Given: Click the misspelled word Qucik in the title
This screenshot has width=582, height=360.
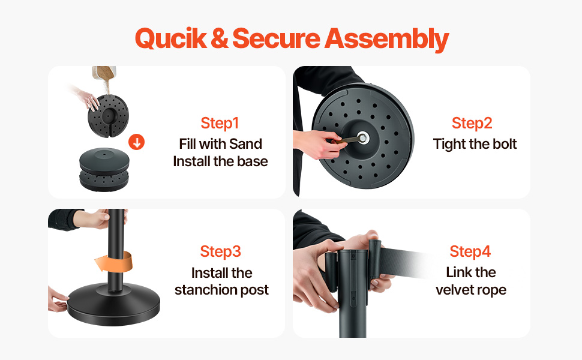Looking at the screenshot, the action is tap(171, 38).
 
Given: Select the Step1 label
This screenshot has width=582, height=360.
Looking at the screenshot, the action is tap(220, 123).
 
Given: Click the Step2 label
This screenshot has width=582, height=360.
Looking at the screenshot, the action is tap(472, 123).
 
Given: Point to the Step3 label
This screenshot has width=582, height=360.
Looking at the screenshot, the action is tap(220, 251).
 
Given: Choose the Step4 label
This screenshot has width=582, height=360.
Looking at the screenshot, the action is tap(470, 251).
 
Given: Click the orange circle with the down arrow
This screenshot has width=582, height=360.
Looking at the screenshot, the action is tap(137, 142).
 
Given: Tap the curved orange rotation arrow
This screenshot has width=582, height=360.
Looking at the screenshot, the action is tap(115, 261).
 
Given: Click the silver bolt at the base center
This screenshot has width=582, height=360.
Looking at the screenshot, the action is tap(362, 138).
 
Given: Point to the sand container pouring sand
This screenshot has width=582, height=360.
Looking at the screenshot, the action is tap(104, 74).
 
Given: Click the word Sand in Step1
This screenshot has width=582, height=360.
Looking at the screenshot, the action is tap(246, 143).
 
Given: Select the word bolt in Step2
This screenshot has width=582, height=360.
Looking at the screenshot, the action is tap(503, 143).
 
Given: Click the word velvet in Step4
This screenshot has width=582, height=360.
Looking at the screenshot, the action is tap(454, 290).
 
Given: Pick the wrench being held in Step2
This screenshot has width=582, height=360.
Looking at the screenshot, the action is tap(347, 140).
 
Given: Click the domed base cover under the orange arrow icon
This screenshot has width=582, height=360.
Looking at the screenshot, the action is tap(104, 160).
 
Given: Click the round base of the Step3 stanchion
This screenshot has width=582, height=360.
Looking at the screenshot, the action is tap(113, 304).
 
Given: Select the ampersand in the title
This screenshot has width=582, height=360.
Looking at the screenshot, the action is tap(220, 38).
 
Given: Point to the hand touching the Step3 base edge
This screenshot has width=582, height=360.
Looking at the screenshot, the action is tap(57, 300).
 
